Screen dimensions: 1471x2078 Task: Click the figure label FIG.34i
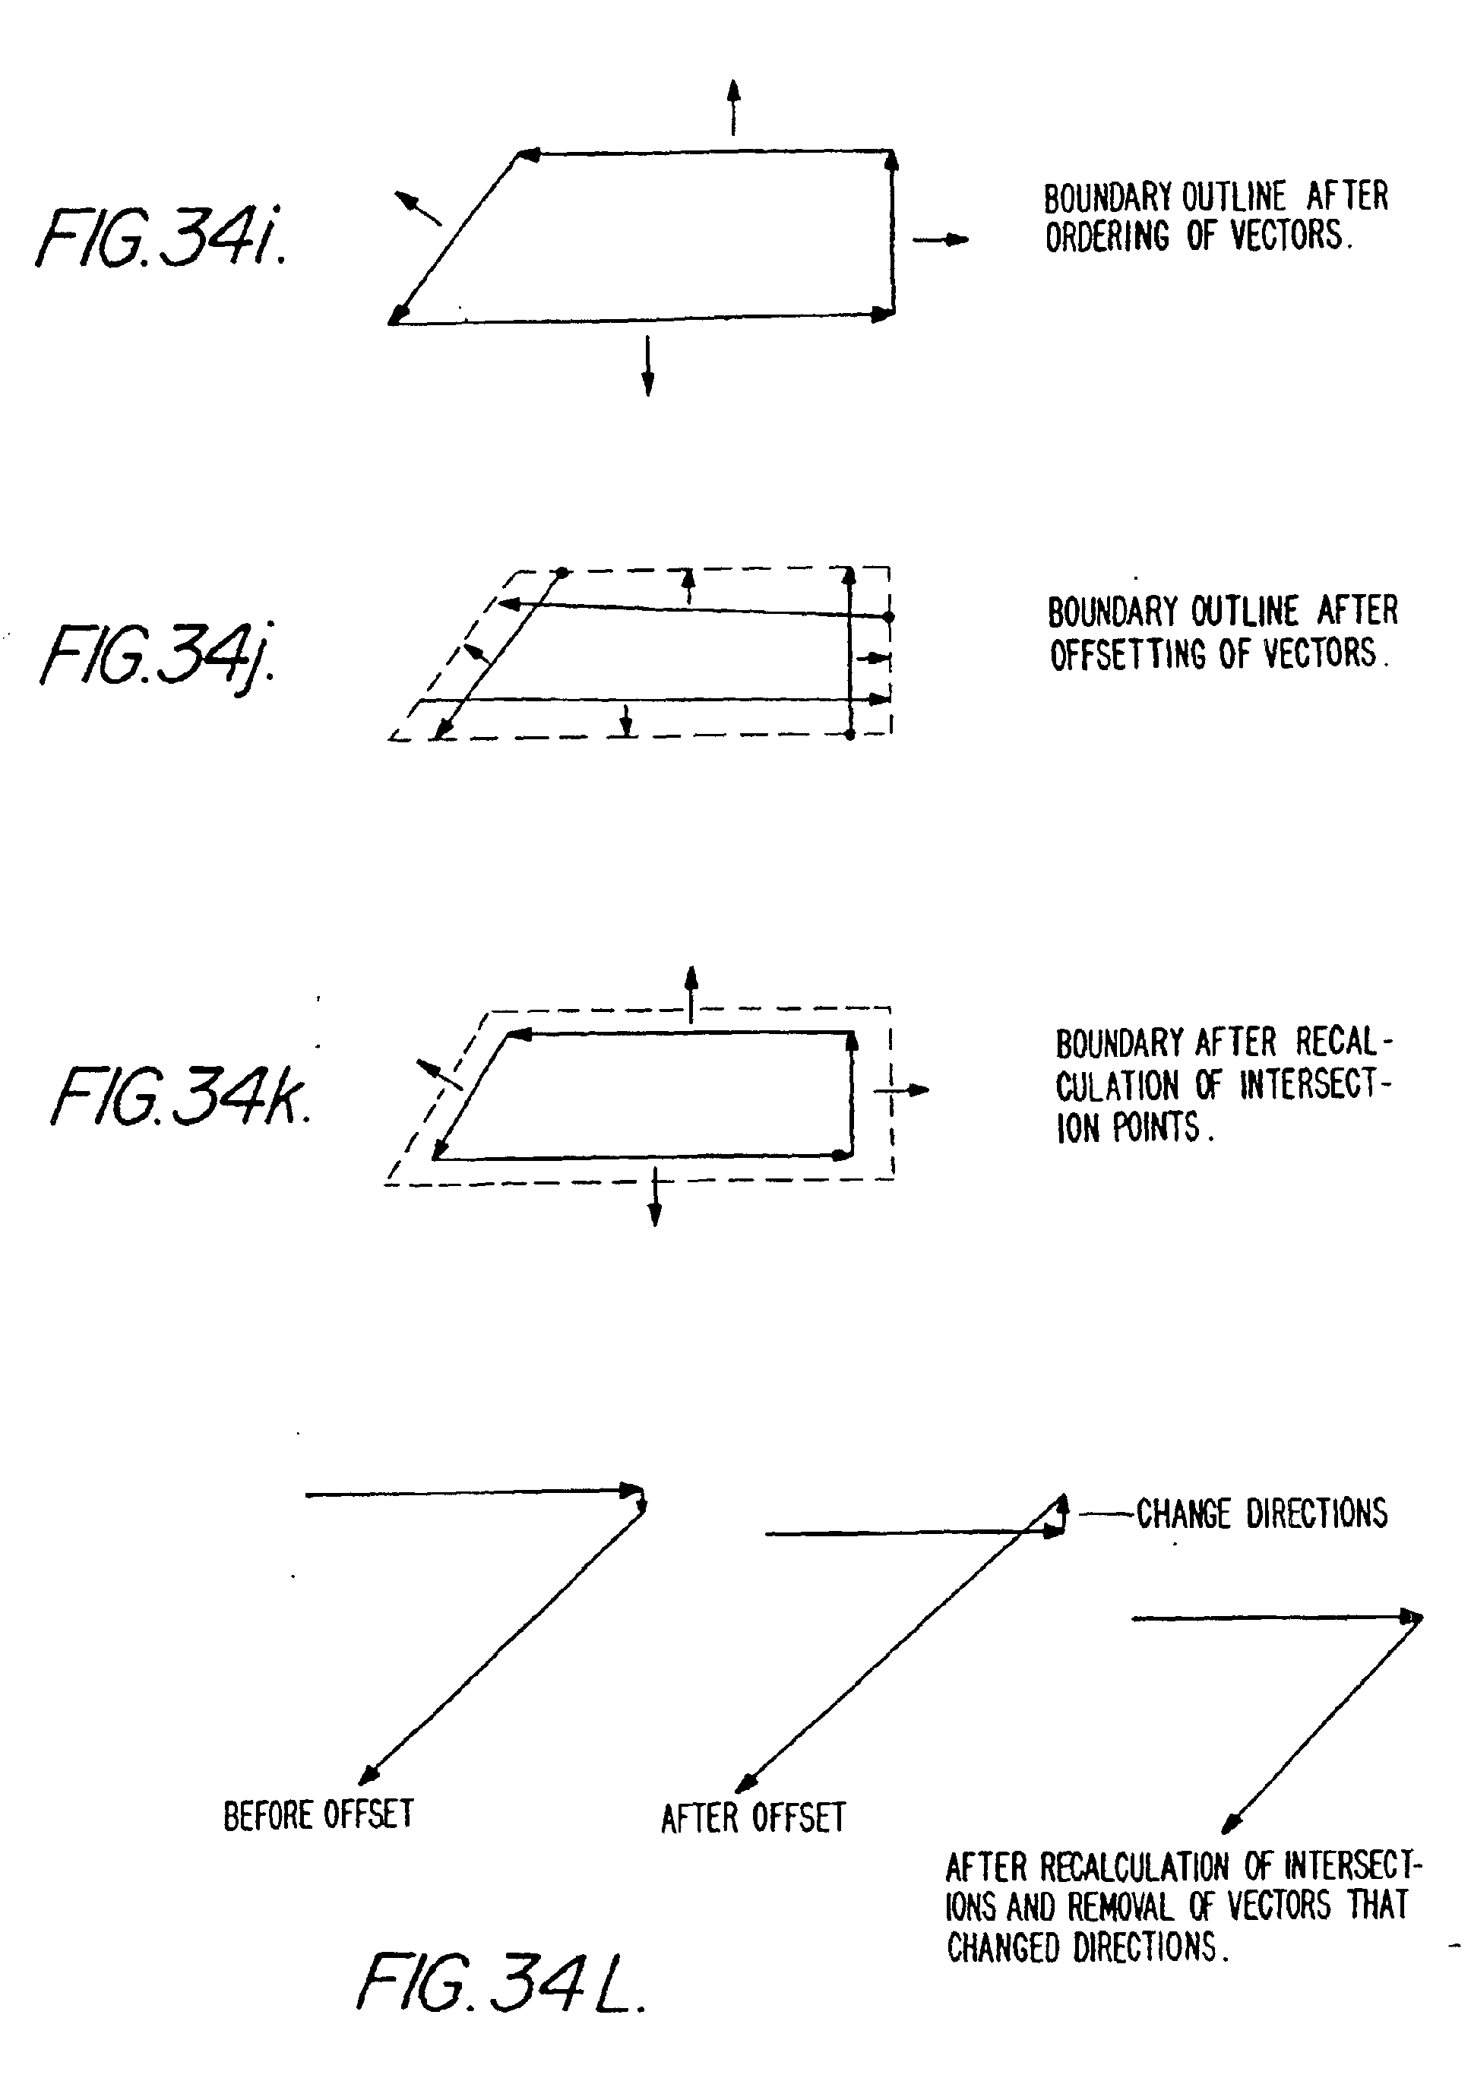(161, 237)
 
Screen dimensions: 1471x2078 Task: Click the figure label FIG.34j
(160, 655)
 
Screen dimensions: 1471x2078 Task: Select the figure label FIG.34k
(181, 1096)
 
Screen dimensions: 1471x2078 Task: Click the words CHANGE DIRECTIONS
(1261, 1513)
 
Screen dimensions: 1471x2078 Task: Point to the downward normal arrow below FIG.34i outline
(647, 366)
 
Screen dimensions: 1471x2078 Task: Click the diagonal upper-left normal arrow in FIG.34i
(419, 208)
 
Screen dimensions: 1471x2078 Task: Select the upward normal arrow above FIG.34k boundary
(691, 994)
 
